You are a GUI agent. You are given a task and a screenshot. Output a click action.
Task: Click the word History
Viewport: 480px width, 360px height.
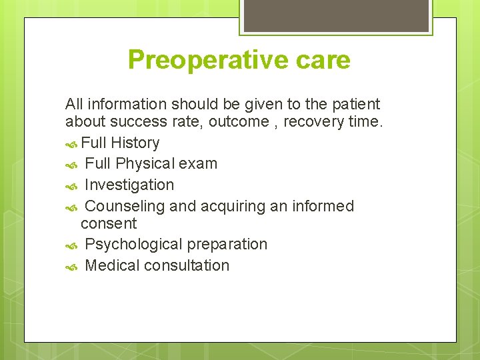point(135,143)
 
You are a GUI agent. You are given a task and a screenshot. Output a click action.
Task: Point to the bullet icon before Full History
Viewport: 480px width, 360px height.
point(72,143)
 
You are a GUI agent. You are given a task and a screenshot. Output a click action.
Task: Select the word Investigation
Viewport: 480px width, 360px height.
point(129,185)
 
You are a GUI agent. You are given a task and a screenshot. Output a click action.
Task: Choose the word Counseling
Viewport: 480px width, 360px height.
point(125,206)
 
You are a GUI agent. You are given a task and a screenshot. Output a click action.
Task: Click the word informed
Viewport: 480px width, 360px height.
point(323,206)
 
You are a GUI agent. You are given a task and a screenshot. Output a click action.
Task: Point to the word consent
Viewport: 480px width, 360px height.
point(109,223)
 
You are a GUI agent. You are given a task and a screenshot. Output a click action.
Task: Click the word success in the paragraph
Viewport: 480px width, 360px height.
point(139,122)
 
